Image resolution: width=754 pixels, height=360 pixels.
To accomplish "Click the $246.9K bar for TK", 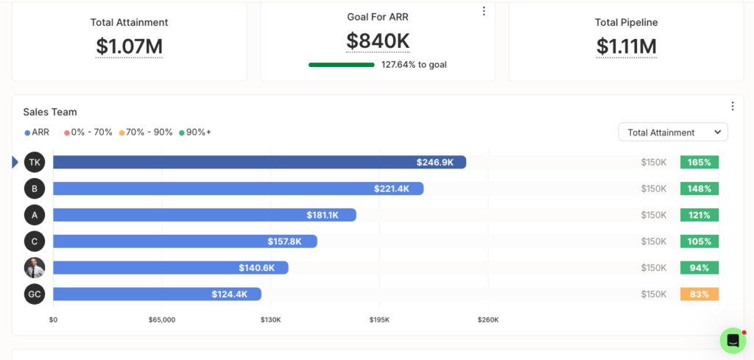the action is tap(260, 162).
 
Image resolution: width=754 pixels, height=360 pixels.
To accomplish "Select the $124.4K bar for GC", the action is tap(158, 294).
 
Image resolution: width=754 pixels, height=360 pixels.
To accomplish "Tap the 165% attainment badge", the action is tap(700, 162).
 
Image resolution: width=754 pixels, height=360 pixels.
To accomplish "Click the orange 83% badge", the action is tap(700, 294).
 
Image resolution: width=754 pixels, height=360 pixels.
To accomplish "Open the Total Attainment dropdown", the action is tap(673, 133).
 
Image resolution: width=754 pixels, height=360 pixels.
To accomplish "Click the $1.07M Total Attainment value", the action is tap(130, 46).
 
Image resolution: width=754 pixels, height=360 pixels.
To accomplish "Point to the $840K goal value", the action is tap(378, 40).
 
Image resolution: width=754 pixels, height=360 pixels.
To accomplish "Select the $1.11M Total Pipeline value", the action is tap(626, 46).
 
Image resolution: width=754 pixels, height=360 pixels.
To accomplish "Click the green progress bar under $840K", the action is tap(342, 65).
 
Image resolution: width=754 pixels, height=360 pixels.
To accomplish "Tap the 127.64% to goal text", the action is tap(414, 64).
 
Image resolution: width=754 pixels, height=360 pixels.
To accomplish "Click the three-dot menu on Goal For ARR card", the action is tap(484, 11).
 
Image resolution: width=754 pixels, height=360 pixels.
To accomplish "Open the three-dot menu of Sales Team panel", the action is tap(733, 106).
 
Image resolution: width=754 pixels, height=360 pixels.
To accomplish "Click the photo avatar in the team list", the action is tap(35, 268).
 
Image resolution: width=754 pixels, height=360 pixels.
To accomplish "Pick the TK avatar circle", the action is tap(35, 162).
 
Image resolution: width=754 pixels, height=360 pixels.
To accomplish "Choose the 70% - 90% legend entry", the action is tap(147, 133).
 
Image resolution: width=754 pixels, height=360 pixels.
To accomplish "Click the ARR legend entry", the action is tap(37, 133).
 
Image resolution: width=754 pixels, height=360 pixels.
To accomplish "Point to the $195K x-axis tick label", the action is tap(379, 320).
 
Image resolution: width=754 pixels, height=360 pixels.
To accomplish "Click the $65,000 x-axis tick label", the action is tap(162, 320).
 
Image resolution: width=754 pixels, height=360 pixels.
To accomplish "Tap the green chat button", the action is tap(733, 341).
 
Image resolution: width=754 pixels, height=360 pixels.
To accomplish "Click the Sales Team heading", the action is tap(50, 112).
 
